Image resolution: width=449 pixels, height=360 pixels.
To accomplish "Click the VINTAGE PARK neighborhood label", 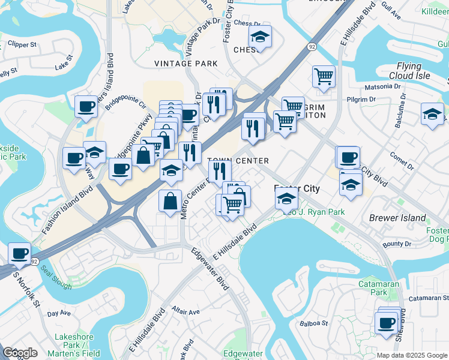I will click(x=185, y=63).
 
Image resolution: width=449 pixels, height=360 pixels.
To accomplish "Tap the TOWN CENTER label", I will click(x=238, y=161).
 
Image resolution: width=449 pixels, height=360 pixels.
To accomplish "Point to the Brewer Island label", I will click(x=397, y=218).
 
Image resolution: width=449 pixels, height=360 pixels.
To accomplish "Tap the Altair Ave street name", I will click(x=185, y=312).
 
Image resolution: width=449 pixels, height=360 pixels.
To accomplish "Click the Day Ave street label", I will click(x=59, y=313).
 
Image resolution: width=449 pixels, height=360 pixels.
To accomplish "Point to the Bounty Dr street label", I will click(x=397, y=244).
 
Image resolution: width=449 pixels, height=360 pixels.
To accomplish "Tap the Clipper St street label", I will click(x=23, y=44).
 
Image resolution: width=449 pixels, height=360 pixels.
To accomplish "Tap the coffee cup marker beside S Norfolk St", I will click(x=20, y=254).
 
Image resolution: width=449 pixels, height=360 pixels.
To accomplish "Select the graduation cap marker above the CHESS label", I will click(x=260, y=37).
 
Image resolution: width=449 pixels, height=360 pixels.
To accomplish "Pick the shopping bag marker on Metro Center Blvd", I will click(x=170, y=200).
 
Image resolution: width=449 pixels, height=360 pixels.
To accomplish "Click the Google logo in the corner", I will click(x=20, y=353).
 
